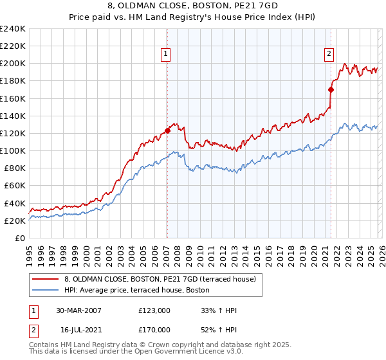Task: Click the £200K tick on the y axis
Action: pyautogui.click(x=13, y=64)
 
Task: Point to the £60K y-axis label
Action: pyautogui.click(x=15, y=186)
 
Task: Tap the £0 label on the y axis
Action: pyautogui.click(x=20, y=238)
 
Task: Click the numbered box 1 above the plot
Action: pyautogui.click(x=166, y=54)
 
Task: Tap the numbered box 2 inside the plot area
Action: pyautogui.click(x=329, y=54)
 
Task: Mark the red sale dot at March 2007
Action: pyautogui.click(x=167, y=130)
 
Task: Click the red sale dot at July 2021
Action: pyautogui.click(x=331, y=89)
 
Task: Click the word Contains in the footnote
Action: pyautogui.click(x=42, y=345)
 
